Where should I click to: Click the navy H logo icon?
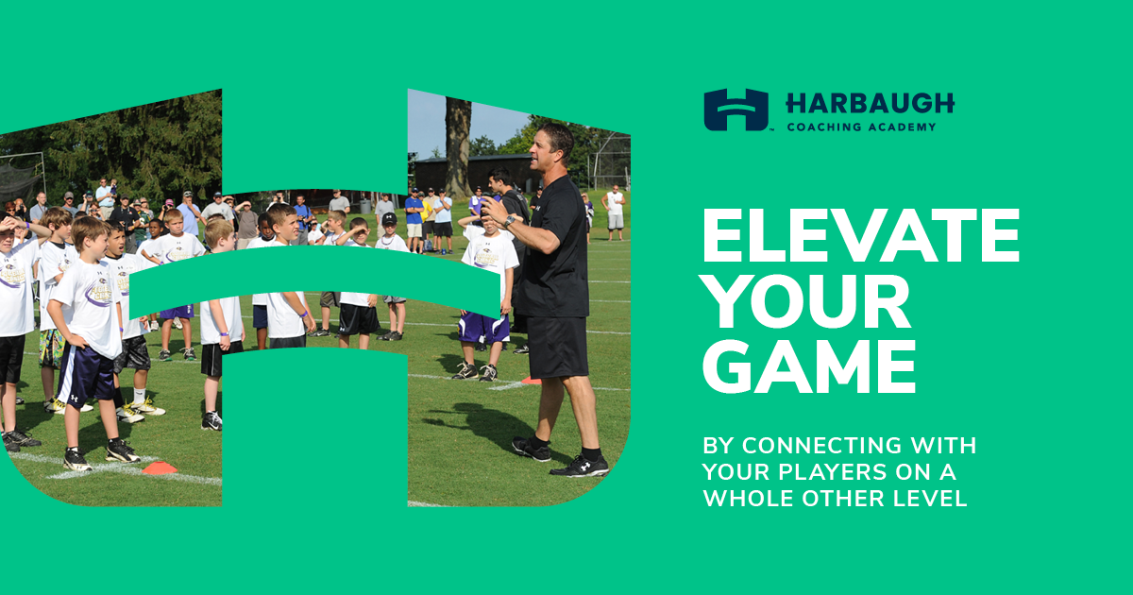click(736, 110)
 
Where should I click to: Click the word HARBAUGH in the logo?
click(870, 104)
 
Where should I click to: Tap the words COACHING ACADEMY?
click(861, 127)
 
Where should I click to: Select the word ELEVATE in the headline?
click(861, 236)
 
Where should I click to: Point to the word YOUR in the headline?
click(806, 301)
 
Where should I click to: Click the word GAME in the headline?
click(809, 366)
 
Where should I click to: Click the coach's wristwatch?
click(509, 221)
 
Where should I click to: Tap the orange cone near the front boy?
click(160, 468)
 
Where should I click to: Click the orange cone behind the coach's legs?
click(531, 380)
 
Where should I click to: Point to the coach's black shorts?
click(557, 347)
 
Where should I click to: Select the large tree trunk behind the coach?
click(458, 147)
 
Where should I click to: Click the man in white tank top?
click(615, 212)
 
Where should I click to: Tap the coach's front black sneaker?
click(580, 467)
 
